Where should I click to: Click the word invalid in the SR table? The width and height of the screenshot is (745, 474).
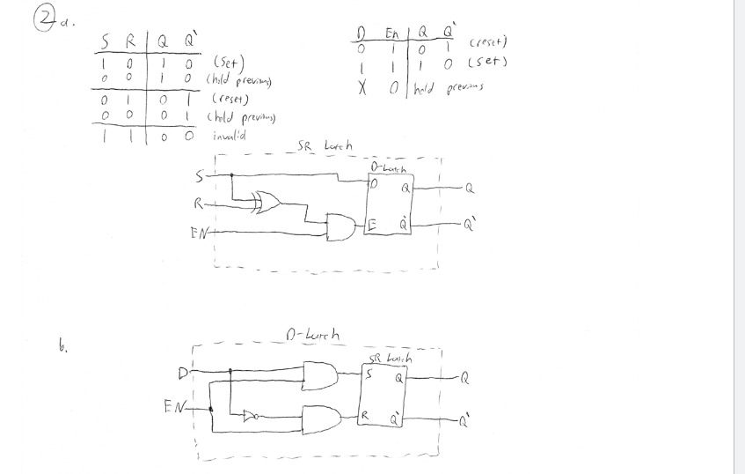point(230,137)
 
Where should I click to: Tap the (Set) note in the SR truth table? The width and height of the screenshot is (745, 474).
point(225,63)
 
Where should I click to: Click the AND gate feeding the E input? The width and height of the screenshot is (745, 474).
point(339,227)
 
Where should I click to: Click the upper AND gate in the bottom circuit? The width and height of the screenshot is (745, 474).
point(318,376)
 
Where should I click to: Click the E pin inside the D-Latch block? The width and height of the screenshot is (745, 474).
point(374,225)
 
